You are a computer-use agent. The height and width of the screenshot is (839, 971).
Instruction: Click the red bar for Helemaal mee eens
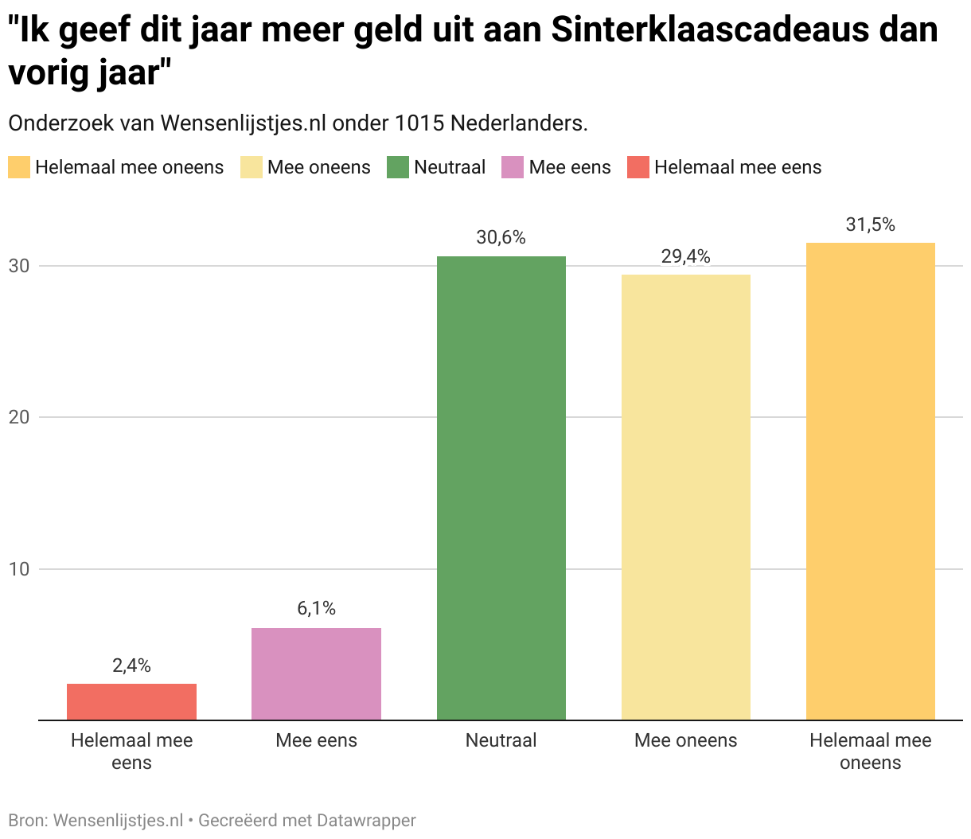[x=131, y=701]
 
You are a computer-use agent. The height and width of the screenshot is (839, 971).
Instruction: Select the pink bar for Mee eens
[x=316, y=673]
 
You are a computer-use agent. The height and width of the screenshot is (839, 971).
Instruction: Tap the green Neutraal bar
[x=501, y=488]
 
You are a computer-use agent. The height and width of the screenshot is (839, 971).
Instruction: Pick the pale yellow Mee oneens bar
[x=685, y=497]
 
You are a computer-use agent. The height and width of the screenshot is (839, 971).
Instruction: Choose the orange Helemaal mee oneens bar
[x=870, y=481]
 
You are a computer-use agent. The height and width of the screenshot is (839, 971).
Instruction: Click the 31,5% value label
[x=870, y=224]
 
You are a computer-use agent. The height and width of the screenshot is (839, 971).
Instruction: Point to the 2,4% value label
[x=131, y=665]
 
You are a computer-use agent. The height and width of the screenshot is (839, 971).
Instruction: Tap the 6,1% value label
[x=316, y=609]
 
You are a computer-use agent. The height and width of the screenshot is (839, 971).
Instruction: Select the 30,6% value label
[x=501, y=237]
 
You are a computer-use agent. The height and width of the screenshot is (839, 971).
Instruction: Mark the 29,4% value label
[x=685, y=256]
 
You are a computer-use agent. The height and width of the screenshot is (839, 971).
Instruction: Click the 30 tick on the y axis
[x=19, y=266]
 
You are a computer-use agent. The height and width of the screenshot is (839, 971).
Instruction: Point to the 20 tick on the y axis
[x=19, y=417]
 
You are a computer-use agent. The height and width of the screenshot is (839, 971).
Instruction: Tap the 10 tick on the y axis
[x=19, y=569]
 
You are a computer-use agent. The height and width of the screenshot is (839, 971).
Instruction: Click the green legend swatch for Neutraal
[x=397, y=167]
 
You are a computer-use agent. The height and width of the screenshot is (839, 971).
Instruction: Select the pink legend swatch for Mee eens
[x=512, y=167]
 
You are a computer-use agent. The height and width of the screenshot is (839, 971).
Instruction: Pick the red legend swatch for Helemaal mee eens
[x=638, y=167]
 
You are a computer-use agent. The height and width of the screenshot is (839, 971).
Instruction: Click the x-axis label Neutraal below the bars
[x=501, y=740]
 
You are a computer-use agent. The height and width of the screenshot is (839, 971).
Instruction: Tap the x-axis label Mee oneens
[x=685, y=740]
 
